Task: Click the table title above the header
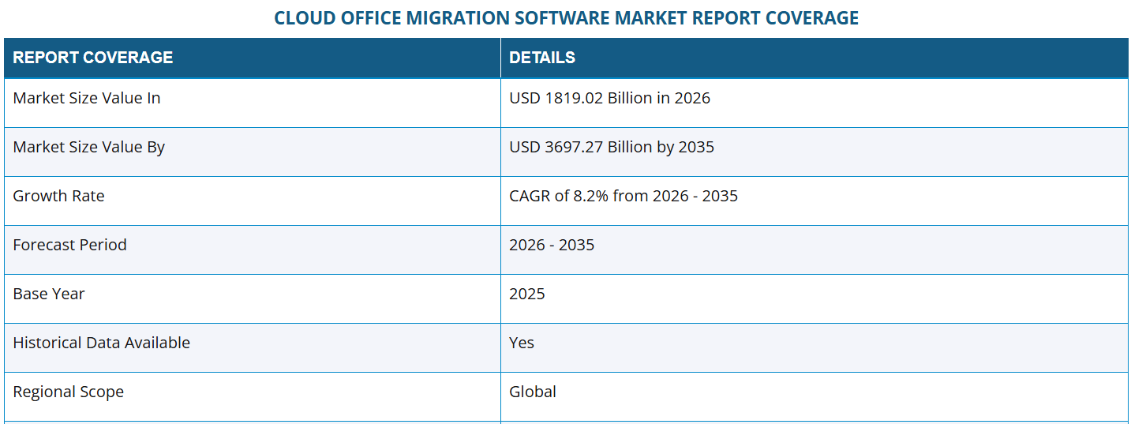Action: (x=566, y=17)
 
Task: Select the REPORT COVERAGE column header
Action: (x=93, y=58)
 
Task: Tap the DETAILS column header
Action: (x=542, y=58)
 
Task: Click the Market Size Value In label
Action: (x=87, y=98)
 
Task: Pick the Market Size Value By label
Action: (x=88, y=147)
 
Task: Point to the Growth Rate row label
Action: (x=58, y=196)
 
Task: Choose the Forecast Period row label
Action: (x=69, y=245)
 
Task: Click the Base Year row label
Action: (x=49, y=294)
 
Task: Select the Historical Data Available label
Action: (x=101, y=343)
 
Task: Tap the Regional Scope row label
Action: (x=68, y=392)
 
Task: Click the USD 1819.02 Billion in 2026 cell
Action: (x=609, y=98)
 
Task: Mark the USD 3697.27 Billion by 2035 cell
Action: (x=612, y=147)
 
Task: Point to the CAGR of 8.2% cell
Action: (x=624, y=196)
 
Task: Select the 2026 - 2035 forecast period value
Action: (x=552, y=245)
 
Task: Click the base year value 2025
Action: (x=527, y=294)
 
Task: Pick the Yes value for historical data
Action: (x=522, y=343)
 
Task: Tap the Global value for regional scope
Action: (x=533, y=392)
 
